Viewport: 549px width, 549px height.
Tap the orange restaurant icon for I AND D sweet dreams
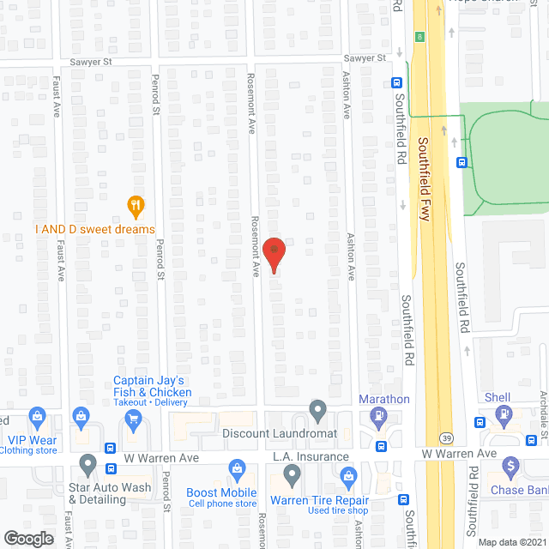pos(134,206)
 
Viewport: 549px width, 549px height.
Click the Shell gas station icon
pos(505,416)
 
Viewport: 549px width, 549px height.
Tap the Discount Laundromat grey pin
pos(318,411)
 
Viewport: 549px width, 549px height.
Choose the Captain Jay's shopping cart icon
pos(133,419)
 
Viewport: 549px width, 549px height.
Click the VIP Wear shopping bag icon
pos(37,419)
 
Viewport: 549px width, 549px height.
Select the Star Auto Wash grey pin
pos(87,464)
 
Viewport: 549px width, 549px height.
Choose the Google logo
pos(27,538)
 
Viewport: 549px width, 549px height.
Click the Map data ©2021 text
pos(511,542)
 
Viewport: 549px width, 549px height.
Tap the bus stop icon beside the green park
pos(462,162)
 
